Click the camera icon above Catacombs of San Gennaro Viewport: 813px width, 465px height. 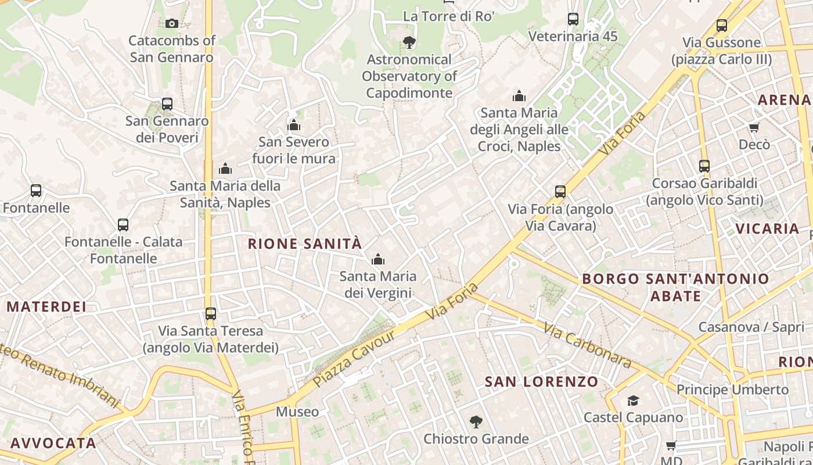(171, 23)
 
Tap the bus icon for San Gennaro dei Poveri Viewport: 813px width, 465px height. (167, 104)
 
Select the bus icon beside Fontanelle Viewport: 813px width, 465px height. (36, 191)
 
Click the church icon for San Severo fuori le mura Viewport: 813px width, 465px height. (294, 125)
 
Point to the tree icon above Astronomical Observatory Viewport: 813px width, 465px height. (409, 42)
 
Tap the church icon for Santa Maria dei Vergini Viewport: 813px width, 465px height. (378, 259)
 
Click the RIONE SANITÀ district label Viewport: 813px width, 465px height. (305, 244)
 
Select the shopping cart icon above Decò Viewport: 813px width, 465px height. (754, 127)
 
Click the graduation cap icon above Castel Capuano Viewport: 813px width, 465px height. (633, 400)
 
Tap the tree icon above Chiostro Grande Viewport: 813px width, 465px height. (476, 422)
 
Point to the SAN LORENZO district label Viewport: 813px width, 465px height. (541, 382)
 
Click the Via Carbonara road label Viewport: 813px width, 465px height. (588, 345)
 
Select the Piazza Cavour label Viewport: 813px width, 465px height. (354, 358)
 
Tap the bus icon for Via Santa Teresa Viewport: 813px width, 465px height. (211, 314)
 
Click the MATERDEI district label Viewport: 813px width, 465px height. (46, 306)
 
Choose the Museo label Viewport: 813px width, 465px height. (297, 412)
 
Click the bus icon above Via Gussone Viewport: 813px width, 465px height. (722, 26)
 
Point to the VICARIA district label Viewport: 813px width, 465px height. (768, 228)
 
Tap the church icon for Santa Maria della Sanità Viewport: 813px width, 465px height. (225, 169)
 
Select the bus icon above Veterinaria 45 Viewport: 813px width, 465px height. (573, 19)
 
